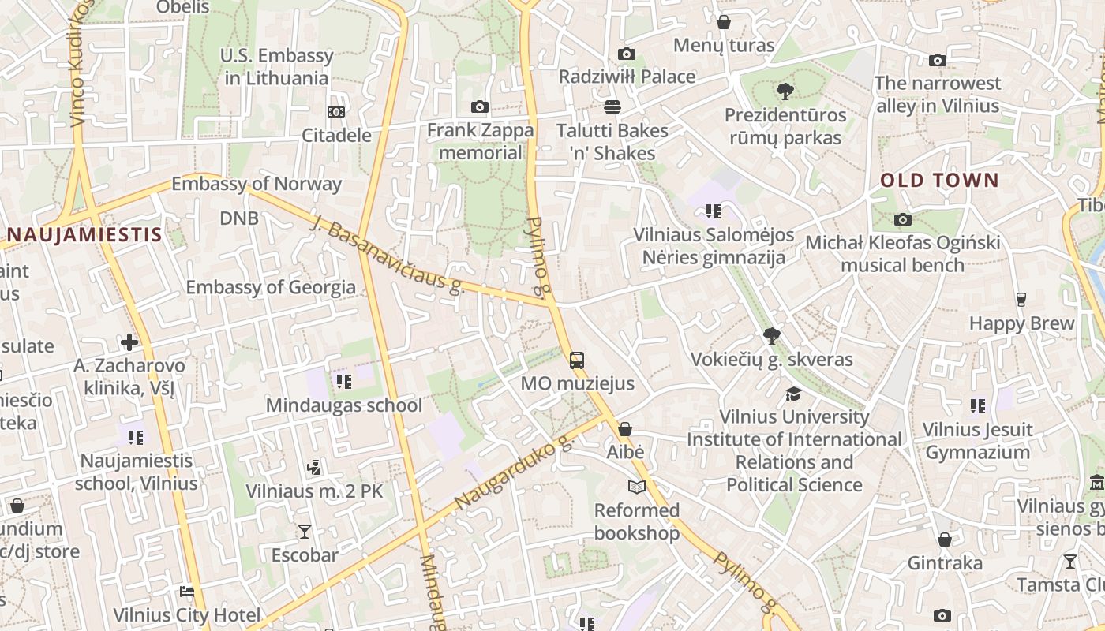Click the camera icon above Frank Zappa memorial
point(479,106)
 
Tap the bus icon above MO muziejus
point(577,360)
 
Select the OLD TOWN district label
point(939,180)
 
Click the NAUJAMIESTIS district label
point(84,234)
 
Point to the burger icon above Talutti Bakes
point(612,106)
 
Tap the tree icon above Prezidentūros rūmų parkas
point(785,91)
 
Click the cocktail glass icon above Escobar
point(305,532)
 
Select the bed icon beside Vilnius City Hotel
point(187,592)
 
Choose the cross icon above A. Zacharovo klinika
point(129,342)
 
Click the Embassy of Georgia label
point(271,287)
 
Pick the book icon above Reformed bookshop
point(636,487)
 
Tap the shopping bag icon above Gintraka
point(944,540)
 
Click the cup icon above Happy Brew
point(1021,300)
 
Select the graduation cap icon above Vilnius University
point(793,393)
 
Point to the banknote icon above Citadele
point(336,112)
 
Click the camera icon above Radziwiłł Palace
point(627,54)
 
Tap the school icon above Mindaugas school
point(343,382)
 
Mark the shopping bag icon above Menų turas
point(723,22)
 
